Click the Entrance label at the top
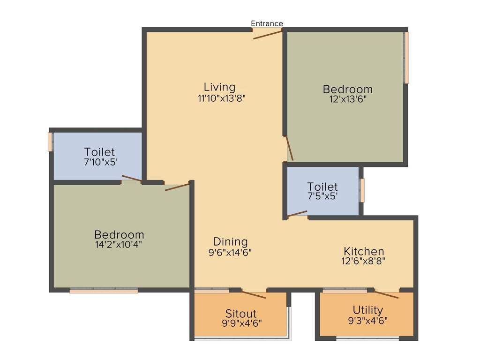(267, 23)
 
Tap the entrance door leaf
(268, 34)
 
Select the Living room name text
(219, 87)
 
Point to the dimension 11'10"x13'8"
(222, 98)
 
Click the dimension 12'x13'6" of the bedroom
(348, 99)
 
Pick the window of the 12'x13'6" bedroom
(406, 57)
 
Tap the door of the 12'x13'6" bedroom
(290, 149)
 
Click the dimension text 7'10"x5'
(99, 162)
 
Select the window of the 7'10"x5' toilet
(50, 142)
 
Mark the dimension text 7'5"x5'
(322, 197)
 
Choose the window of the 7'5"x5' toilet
(362, 190)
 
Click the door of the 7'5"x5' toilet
(297, 214)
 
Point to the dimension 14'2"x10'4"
(119, 244)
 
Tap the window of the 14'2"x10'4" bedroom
(104, 291)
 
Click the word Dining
(230, 242)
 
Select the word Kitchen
(364, 251)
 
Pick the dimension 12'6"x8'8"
(364, 261)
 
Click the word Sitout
(240, 313)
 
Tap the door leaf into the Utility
(386, 294)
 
